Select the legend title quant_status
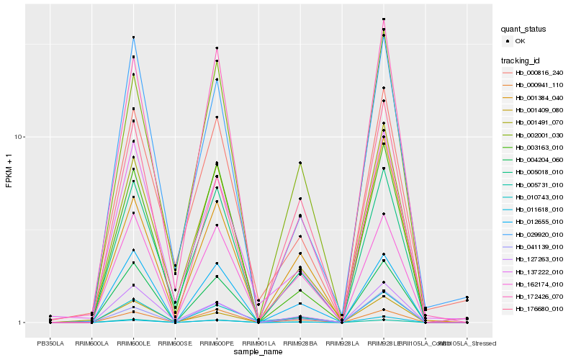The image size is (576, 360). point(523,30)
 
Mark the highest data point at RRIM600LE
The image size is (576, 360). point(133,37)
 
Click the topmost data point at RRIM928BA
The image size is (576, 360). point(300,163)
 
